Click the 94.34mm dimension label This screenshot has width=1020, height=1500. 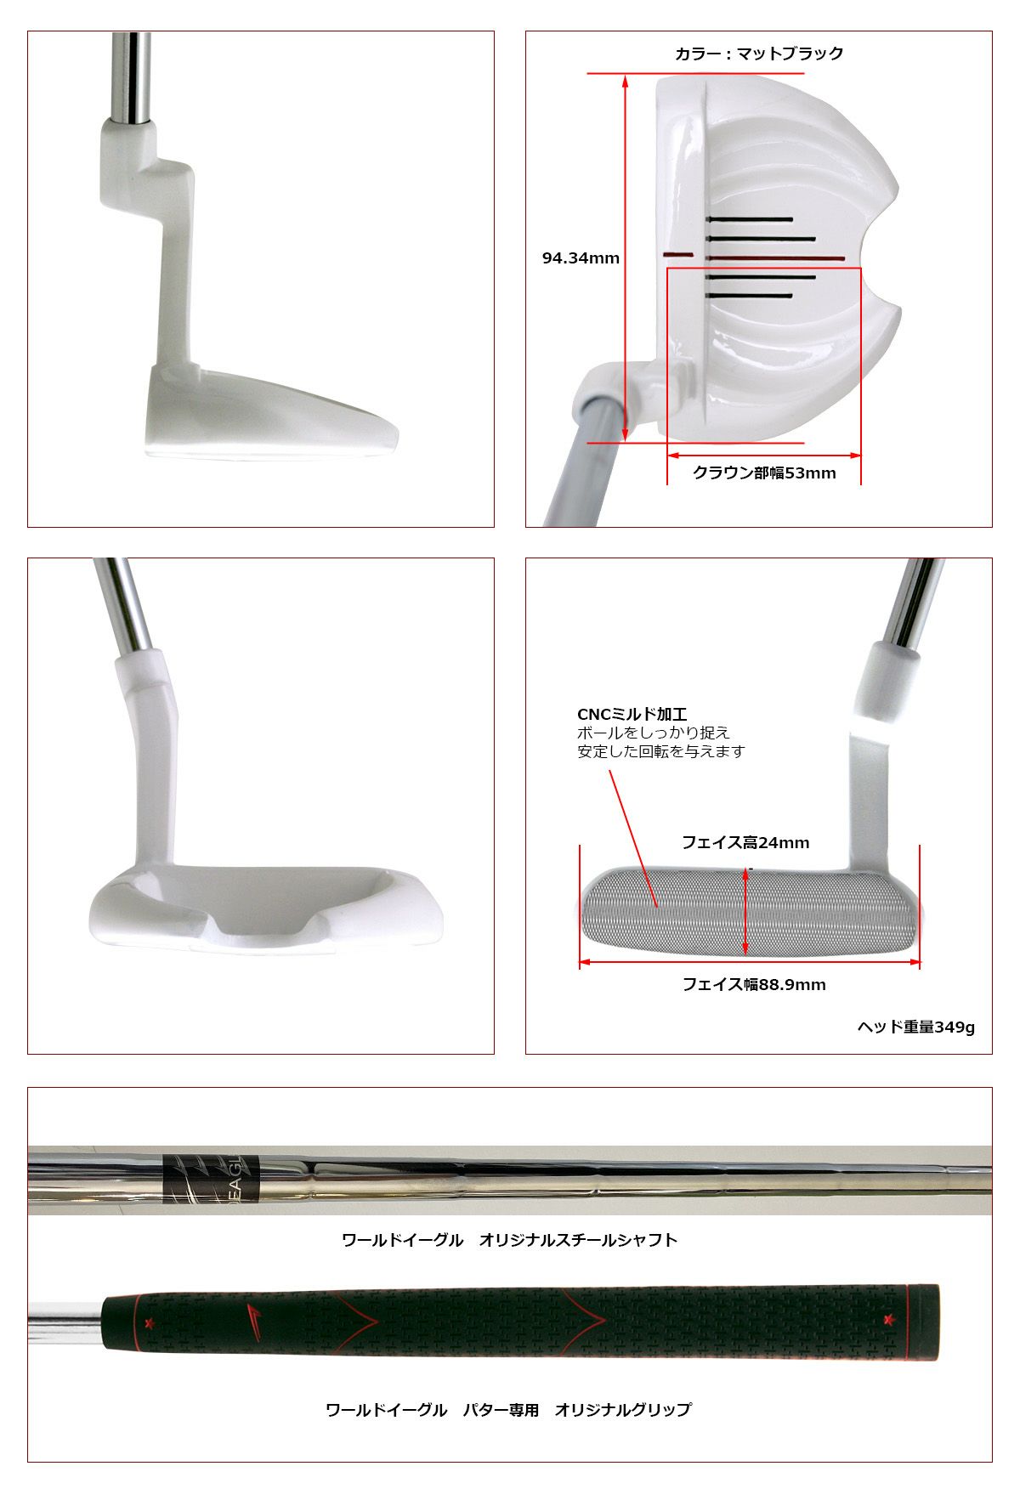[581, 258]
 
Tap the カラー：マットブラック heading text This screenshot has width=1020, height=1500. [759, 54]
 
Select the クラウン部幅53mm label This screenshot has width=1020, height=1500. [764, 473]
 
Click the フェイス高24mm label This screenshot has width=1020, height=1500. [745, 842]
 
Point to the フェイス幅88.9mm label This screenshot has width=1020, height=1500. [754, 984]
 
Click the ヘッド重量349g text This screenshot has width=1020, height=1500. [915, 1027]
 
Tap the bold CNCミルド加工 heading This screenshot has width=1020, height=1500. [632, 715]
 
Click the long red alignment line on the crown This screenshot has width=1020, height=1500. [775, 258]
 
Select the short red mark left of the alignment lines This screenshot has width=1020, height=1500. [677, 254]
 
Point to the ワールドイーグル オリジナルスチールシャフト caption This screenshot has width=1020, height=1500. [509, 1240]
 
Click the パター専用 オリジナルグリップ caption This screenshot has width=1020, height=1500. [577, 1410]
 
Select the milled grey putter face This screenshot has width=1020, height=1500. [748, 911]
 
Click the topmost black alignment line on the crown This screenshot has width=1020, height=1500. [749, 219]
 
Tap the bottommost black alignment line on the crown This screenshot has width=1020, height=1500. [749, 296]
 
